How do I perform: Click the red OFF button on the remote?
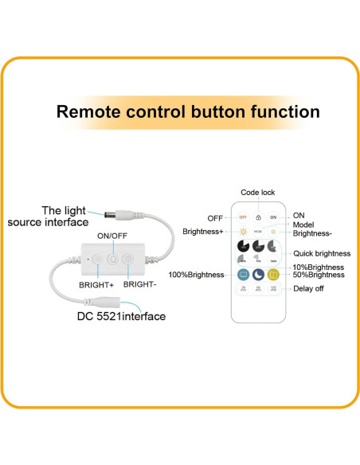point(243,217)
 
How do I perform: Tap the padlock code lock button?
point(258,217)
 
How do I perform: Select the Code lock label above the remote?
point(258,193)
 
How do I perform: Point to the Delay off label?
point(308,288)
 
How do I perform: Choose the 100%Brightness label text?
point(197,275)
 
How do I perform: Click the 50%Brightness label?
point(319,275)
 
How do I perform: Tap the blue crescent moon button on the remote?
point(258,275)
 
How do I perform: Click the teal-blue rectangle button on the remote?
point(243,275)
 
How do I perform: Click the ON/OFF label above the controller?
point(112,236)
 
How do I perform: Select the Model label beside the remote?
point(303,225)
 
